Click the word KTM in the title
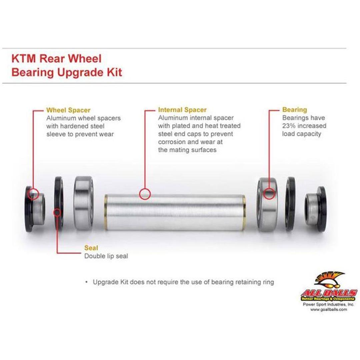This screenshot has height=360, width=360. [24, 58]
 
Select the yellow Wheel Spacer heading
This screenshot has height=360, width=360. [68, 110]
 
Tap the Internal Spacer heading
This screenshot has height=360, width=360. [182, 110]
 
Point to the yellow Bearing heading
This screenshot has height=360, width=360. [295, 110]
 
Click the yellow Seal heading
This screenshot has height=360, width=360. [91, 248]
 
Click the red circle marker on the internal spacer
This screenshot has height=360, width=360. [145, 194]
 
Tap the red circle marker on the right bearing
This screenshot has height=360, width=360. [269, 194]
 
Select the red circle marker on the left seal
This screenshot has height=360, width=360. [57, 213]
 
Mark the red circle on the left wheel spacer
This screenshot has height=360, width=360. [33, 194]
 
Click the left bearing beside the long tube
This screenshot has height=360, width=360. [84, 203]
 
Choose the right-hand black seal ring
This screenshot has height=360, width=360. [291, 204]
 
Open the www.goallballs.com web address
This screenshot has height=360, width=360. [329, 309]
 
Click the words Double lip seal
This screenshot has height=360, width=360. [106, 256]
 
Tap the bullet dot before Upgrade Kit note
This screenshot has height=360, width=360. [87, 282]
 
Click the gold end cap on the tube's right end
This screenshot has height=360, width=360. [244, 213]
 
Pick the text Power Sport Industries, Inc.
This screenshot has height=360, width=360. [329, 304]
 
